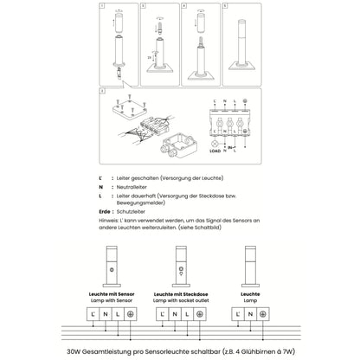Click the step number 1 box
tap(101, 7)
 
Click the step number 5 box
tap(223, 7)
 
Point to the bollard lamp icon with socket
tap(180, 264)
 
